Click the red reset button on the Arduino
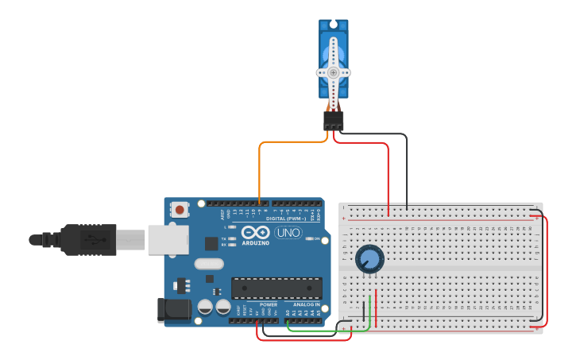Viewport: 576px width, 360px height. click(181, 211)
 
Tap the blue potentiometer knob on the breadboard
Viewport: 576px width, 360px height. click(369, 259)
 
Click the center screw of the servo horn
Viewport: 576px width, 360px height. click(334, 72)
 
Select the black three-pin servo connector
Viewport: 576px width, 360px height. click(334, 121)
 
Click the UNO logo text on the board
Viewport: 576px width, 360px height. click(288, 233)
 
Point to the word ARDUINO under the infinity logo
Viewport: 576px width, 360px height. click(256, 242)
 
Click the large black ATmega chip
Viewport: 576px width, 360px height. click(276, 288)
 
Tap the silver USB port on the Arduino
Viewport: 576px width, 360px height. click(168, 239)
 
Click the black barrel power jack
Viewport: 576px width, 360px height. click(172, 309)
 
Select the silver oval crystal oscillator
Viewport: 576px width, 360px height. click(209, 265)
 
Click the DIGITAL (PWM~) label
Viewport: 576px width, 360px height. click(286, 218)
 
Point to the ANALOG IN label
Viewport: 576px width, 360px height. click(306, 304)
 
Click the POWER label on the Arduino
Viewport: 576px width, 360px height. click(269, 304)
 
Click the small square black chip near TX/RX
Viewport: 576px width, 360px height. click(211, 243)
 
